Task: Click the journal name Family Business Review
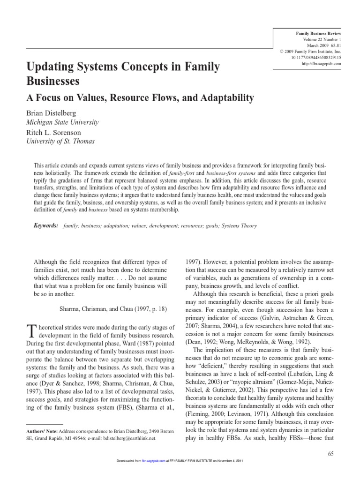318,34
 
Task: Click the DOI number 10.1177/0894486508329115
315,57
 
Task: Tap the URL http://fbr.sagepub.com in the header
321,63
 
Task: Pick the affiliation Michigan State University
62,122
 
